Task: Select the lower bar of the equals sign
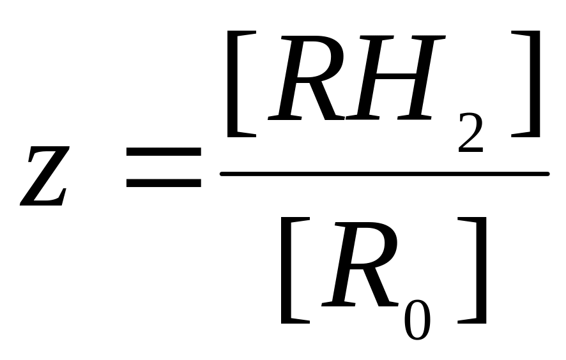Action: (164, 183)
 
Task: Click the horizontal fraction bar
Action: (384, 174)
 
